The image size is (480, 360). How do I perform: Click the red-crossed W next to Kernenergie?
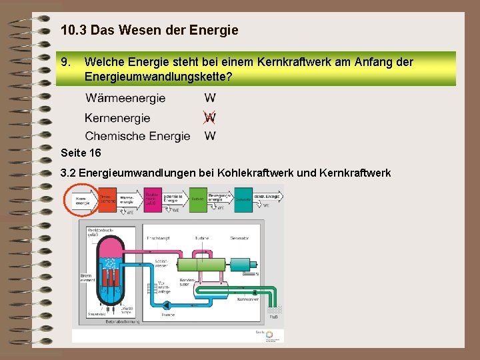[210, 118]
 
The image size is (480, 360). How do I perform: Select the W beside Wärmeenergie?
[210, 98]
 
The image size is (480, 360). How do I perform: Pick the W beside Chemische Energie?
[210, 136]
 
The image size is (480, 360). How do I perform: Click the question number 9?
[65, 62]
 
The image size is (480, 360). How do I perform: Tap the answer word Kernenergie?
[117, 118]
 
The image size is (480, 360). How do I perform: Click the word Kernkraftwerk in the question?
[308, 62]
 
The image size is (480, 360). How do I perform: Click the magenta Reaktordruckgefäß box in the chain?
[153, 198]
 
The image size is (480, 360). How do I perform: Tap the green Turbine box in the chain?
[198, 198]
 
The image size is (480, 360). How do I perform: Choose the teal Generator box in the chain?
[243, 198]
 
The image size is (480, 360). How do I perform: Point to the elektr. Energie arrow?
[268, 197]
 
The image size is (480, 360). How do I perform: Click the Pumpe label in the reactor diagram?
[168, 315]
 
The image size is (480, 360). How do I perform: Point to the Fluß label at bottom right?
[273, 317]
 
